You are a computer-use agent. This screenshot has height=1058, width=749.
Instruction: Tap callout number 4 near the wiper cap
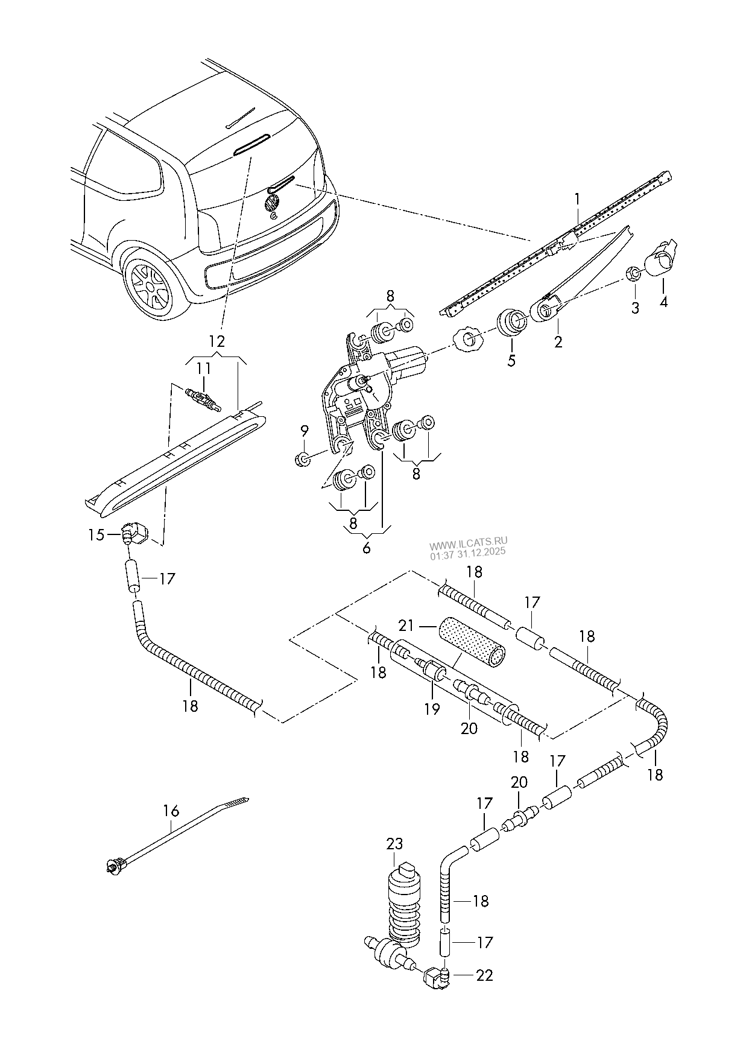(663, 302)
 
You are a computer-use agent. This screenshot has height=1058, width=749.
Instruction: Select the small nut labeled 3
(632, 274)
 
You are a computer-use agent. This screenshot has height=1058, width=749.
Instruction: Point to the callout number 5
(511, 361)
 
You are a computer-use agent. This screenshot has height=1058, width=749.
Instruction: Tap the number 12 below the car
(216, 341)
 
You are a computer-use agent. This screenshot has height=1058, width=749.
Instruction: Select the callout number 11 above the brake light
(204, 368)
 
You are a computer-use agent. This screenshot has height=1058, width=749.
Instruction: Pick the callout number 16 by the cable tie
(171, 811)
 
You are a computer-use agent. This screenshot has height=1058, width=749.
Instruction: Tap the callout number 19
(432, 709)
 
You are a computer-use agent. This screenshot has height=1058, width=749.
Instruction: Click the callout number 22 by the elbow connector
(484, 975)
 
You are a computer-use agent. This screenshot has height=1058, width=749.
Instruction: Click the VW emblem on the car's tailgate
(273, 202)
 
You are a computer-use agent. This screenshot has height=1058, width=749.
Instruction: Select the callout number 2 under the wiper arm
(558, 342)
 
